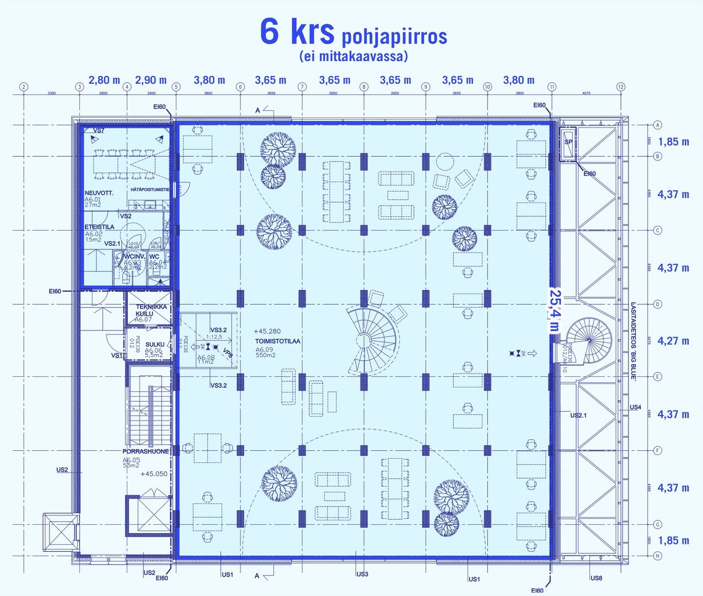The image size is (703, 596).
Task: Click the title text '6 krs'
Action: tap(297, 31)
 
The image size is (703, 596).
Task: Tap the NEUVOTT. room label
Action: tap(99, 193)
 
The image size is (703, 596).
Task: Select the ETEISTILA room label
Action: tap(100, 227)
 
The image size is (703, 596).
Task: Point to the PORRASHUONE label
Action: tap(146, 451)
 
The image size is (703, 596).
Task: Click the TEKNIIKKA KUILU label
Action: tap(151, 310)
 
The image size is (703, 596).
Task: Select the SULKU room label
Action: tap(155, 344)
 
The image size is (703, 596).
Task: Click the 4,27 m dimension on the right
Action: tap(673, 341)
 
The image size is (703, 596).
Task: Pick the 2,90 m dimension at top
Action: tap(151, 80)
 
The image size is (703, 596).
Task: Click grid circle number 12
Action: tap(621, 87)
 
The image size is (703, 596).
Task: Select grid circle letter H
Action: tap(657, 556)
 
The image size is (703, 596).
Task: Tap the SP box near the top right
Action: tap(568, 142)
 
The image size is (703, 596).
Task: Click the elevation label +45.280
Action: tap(267, 331)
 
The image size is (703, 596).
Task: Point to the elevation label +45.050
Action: tap(154, 474)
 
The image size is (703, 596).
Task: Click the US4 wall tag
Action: tap(635, 407)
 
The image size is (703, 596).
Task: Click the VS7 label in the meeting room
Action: tap(99, 130)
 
